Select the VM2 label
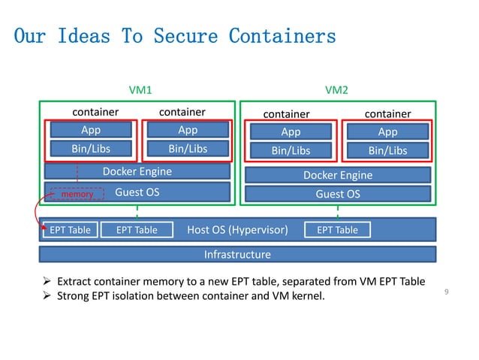[336, 90]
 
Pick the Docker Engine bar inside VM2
[337, 175]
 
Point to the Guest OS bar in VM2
[337, 194]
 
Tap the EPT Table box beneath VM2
[336, 230]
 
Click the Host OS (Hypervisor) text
[237, 230]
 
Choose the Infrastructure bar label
[237, 255]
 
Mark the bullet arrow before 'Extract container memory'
[48, 283]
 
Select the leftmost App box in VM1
[91, 130]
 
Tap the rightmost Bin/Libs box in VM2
[387, 150]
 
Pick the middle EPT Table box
[136, 230]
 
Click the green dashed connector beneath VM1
[137, 210]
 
